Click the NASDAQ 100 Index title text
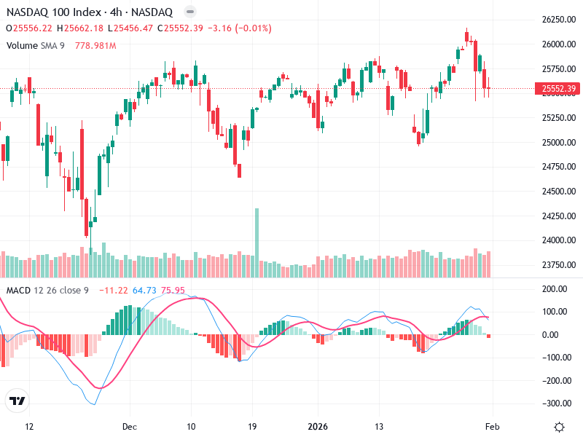coord(50,12)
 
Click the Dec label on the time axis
coord(130,427)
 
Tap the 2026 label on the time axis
coord(318,427)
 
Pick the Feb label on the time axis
coord(492,427)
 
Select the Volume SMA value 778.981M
coord(95,45)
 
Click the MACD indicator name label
coord(18,291)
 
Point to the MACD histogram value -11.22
coord(113,291)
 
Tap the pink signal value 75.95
coord(173,291)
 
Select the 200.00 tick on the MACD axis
coord(556,289)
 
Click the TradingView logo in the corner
coord(17,401)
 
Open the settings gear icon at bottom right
coord(559,427)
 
